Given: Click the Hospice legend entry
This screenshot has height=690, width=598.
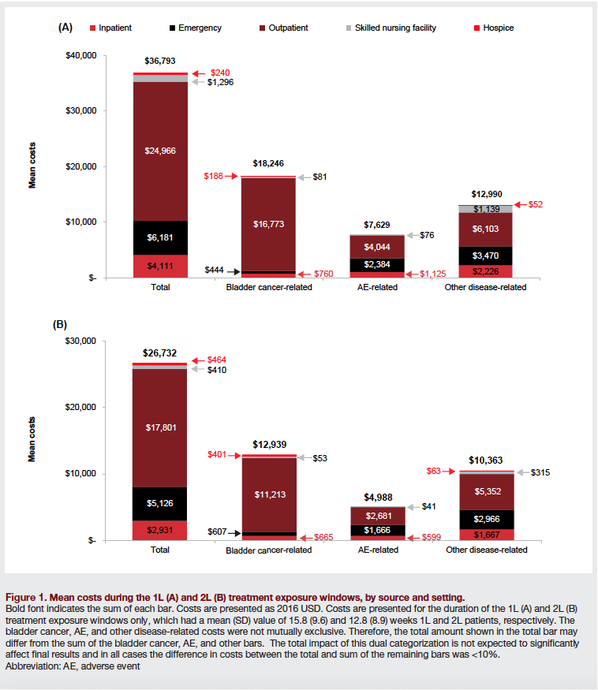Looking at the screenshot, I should [498, 28].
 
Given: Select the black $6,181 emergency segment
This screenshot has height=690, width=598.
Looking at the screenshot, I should [160, 237].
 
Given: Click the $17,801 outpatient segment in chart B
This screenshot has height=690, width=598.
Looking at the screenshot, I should [160, 428].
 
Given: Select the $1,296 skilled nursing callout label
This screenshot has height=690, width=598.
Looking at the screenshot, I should [220, 82].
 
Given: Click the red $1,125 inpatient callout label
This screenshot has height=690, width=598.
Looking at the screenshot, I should [432, 274].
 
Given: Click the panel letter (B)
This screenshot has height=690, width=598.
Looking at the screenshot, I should [60, 324].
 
